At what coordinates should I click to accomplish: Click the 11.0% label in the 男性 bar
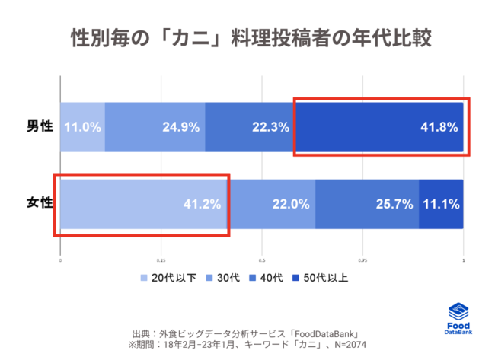(83, 127)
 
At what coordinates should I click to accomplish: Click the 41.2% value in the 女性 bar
(202, 204)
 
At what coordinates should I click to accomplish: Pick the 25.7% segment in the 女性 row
(394, 204)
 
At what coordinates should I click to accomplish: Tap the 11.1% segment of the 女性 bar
(442, 204)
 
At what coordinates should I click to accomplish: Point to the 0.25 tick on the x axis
(161, 260)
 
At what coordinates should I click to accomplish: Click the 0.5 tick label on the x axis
(262, 260)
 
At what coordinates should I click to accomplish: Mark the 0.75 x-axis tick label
(362, 260)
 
